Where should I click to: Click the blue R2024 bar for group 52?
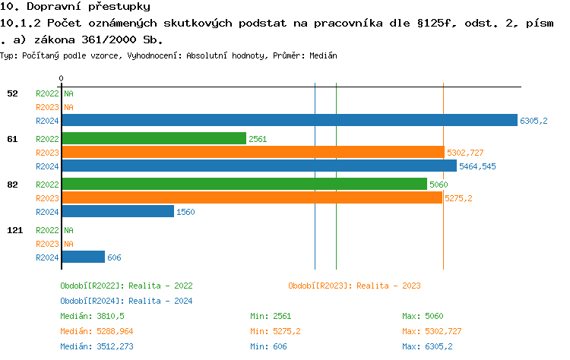(x=289, y=120)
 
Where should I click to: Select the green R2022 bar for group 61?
(x=154, y=138)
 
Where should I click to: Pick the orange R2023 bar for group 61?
(x=252, y=152)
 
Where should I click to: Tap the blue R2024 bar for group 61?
(x=259, y=166)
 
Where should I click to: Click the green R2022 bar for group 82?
(x=244, y=184)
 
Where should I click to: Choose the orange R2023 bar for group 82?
(x=252, y=197)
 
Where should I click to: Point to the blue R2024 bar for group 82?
(x=118, y=212)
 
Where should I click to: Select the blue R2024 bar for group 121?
(x=83, y=257)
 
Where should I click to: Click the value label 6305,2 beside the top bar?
(x=534, y=121)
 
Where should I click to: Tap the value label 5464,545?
(x=477, y=166)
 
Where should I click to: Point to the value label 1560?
(x=185, y=213)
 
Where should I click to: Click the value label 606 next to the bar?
(x=114, y=257)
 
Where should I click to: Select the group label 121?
(x=14, y=229)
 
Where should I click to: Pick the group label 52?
(x=12, y=93)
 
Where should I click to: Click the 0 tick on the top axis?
(x=61, y=78)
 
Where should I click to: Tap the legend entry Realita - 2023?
(x=354, y=286)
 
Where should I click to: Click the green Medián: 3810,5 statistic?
(x=92, y=316)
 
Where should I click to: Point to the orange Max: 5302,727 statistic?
(x=432, y=331)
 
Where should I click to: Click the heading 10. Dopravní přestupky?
(x=75, y=7)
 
